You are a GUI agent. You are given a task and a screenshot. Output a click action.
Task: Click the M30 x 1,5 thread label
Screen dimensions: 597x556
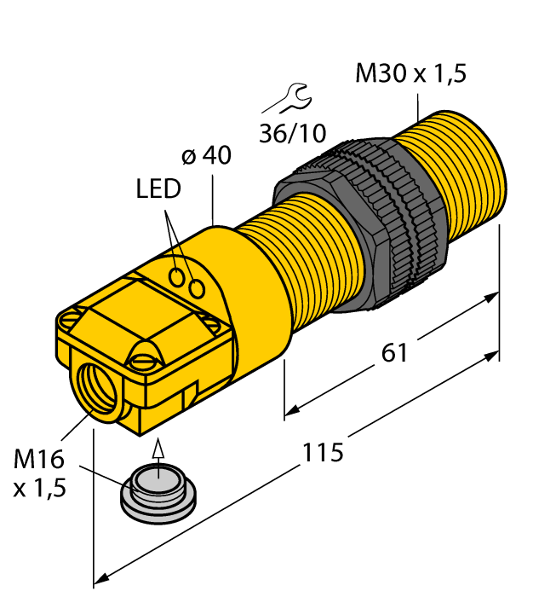[410, 74]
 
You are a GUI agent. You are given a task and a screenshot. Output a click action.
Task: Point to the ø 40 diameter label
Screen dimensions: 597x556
[206, 157]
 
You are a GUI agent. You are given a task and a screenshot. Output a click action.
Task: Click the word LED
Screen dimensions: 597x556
[158, 189]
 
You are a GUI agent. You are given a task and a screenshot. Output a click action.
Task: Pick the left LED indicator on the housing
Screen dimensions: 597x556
[178, 277]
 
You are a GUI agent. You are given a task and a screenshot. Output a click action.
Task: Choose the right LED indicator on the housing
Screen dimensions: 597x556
[198, 289]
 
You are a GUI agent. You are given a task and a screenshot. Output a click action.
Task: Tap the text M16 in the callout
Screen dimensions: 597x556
[39, 460]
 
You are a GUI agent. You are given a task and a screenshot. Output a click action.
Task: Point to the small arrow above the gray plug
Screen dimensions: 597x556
[155, 449]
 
